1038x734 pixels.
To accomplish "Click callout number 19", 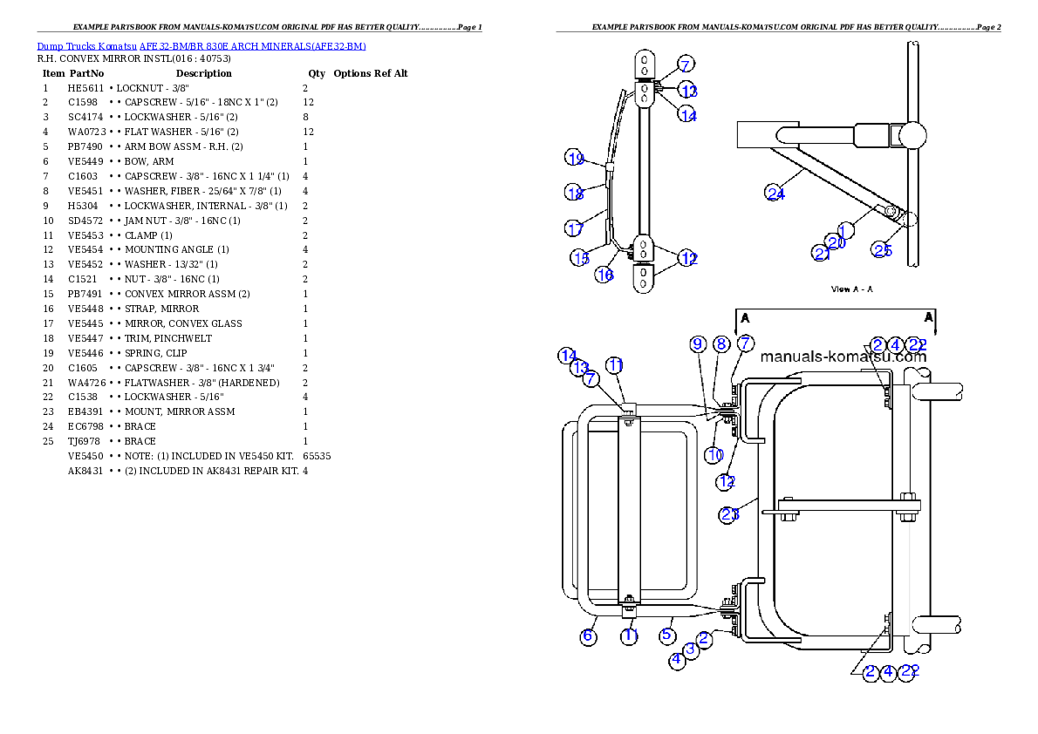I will click(x=574, y=159).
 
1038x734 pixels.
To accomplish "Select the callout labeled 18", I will click(x=574, y=194).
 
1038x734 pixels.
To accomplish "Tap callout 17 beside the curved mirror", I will click(x=574, y=229).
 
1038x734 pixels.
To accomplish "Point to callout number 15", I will click(x=581, y=258).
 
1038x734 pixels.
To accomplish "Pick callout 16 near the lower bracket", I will click(x=604, y=275).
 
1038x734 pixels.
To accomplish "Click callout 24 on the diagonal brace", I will click(x=775, y=194).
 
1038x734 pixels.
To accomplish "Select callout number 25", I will click(x=883, y=250).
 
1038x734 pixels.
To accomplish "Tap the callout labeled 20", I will click(x=837, y=242).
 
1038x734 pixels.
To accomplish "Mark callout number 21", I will click(x=822, y=253).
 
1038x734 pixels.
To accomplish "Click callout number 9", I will click(x=698, y=344).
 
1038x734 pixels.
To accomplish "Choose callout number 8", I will click(x=721, y=344).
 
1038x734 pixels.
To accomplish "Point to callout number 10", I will click(x=715, y=455).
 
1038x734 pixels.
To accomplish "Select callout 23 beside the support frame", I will click(x=729, y=514).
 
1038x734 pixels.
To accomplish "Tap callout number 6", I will click(x=589, y=636).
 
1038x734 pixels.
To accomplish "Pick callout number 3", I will click(x=691, y=649).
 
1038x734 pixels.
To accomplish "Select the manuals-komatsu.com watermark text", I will click(x=843, y=357).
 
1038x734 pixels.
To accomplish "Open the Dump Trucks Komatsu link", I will click(x=201, y=46).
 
